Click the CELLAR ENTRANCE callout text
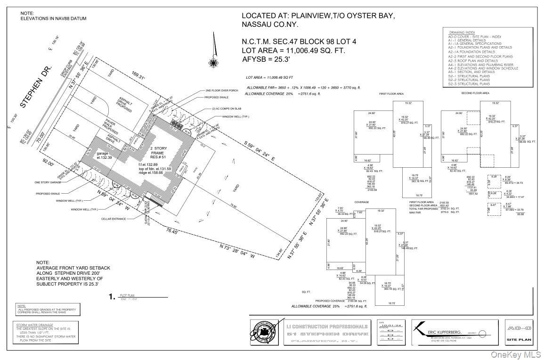(x=114, y=219)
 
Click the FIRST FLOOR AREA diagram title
(x=391, y=94)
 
